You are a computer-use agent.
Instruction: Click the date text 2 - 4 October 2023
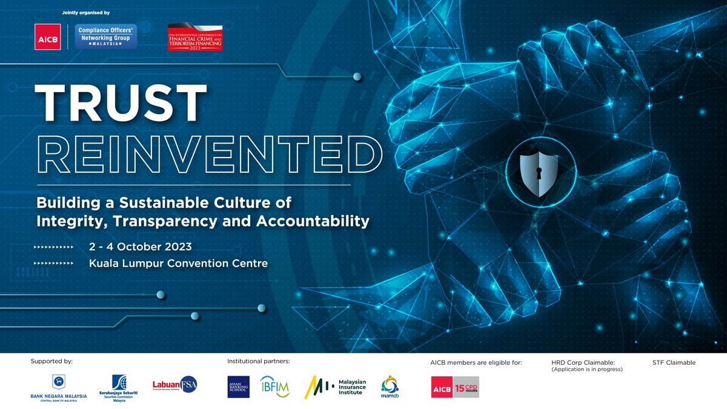(x=141, y=247)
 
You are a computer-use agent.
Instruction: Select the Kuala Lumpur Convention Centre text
(x=178, y=264)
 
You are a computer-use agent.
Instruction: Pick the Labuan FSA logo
(x=174, y=385)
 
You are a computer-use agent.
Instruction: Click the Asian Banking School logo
(x=238, y=387)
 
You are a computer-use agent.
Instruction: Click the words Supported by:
(x=51, y=361)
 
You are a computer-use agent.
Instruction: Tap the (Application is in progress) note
(x=586, y=369)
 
